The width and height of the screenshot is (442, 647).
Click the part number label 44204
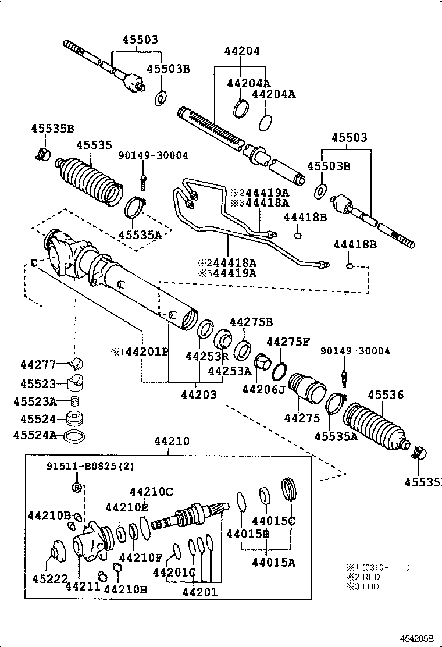pos(242,51)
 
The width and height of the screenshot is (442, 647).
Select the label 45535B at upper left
pos(52,129)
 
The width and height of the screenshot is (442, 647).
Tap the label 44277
pos(38,365)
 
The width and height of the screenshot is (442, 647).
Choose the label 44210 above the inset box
pos(172,442)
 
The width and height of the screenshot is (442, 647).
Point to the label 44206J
pos(263,389)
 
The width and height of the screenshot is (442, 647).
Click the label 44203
pos(198,394)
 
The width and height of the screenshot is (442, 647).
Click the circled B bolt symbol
pos(76,486)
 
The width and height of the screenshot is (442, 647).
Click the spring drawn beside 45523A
pos(74,401)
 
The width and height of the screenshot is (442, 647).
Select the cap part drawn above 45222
pos(57,550)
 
